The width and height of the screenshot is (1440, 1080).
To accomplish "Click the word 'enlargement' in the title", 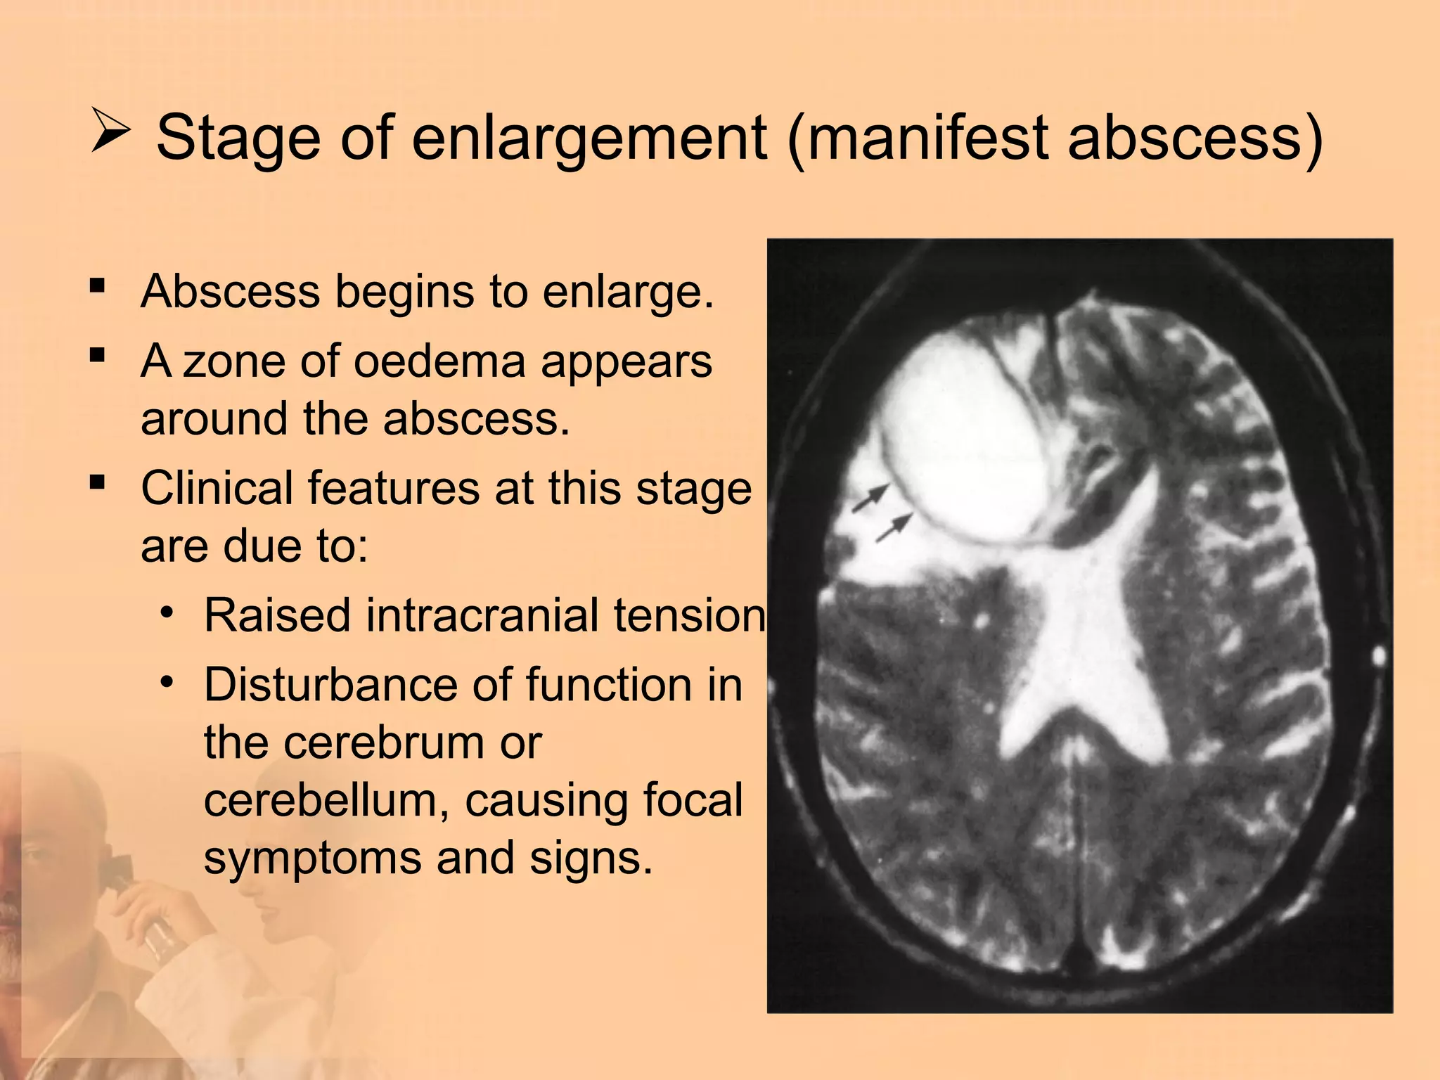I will coord(589,138).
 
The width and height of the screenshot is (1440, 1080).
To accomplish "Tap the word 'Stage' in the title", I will coord(238,138).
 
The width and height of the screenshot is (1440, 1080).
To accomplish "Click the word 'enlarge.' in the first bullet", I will coord(628,292).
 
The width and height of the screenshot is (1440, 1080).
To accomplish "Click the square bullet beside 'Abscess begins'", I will coord(97,286).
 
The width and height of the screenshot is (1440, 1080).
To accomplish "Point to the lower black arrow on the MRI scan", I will coord(894,527).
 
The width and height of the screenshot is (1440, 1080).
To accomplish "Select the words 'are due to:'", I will coord(255,546).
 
